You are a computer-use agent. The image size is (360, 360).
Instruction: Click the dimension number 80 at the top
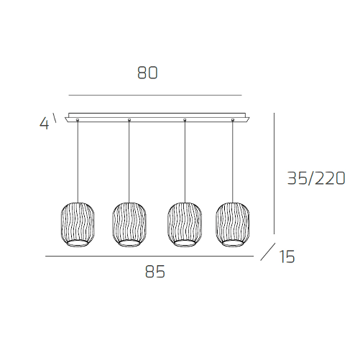coord(147,73)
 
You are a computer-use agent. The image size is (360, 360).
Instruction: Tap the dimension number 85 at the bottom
coord(155,272)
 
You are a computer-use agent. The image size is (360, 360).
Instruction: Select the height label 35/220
coord(316,178)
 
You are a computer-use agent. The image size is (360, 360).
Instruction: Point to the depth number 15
coord(287,256)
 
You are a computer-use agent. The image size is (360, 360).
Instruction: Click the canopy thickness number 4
coord(44,124)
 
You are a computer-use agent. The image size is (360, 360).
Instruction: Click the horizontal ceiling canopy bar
coord(157,118)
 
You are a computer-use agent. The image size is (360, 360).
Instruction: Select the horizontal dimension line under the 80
coord(154,95)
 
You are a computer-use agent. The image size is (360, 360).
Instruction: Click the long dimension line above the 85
coord(149,257)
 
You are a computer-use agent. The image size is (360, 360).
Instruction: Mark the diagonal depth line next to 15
coord(267,251)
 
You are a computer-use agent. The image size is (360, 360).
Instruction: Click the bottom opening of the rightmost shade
coord(234,244)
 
